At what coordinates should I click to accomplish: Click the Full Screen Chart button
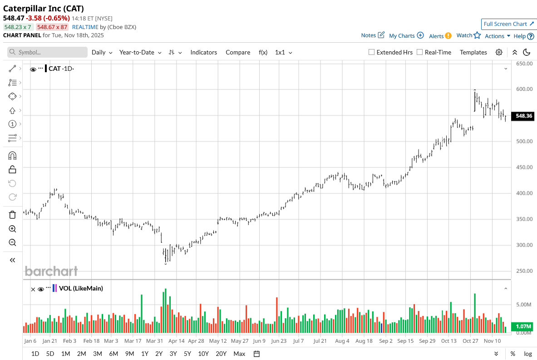pyautogui.click(x=508, y=24)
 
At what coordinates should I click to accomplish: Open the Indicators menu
pyautogui.click(x=203, y=52)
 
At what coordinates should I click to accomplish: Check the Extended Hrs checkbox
pyautogui.click(x=371, y=52)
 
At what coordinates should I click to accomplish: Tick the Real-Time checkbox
pyautogui.click(x=419, y=52)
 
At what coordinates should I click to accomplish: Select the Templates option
pyautogui.click(x=473, y=52)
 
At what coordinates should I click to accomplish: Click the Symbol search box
pyautogui.click(x=47, y=52)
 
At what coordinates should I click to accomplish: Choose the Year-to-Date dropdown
pyautogui.click(x=140, y=52)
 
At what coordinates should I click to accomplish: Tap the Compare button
pyautogui.click(x=238, y=52)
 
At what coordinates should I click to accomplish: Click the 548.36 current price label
pyautogui.click(x=524, y=116)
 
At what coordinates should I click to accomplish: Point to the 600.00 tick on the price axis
pyautogui.click(x=523, y=89)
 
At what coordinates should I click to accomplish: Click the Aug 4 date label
pyautogui.click(x=342, y=341)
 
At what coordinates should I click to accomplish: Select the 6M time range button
pyautogui.click(x=113, y=354)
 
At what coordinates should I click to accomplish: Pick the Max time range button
pyautogui.click(x=239, y=354)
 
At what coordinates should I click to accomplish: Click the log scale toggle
pyautogui.click(x=528, y=354)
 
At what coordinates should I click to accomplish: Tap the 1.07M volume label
pyautogui.click(x=524, y=326)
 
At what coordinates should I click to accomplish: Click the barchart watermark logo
pyautogui.click(x=51, y=271)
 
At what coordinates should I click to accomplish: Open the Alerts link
pyautogui.click(x=440, y=36)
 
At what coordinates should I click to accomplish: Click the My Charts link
pyautogui.click(x=406, y=35)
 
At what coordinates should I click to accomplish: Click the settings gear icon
pyautogui.click(x=499, y=52)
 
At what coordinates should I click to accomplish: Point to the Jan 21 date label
pyautogui.click(x=49, y=341)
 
